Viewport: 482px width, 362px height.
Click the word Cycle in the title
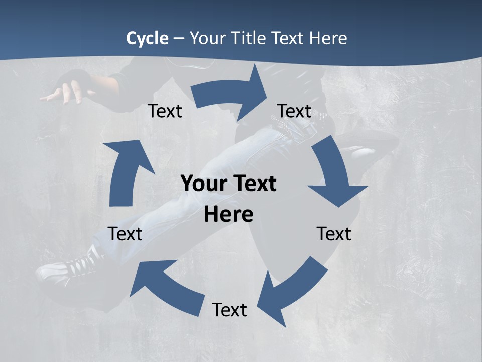147,38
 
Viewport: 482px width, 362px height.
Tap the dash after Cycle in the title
179,39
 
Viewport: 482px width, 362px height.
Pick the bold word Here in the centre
228,215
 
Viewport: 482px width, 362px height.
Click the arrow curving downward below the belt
334,176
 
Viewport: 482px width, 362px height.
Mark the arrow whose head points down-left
291,292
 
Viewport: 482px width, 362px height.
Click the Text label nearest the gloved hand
165,111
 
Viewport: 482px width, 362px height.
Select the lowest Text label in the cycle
229,310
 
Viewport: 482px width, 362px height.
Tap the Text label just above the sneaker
125,234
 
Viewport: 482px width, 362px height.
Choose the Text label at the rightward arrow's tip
294,111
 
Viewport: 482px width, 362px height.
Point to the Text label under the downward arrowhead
334,234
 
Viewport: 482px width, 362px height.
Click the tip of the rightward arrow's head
267,94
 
